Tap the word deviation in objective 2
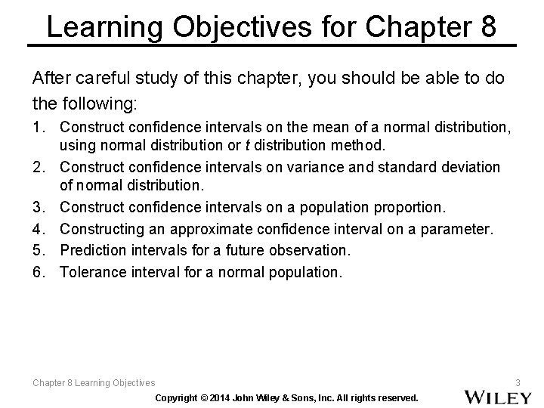click(471, 165)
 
